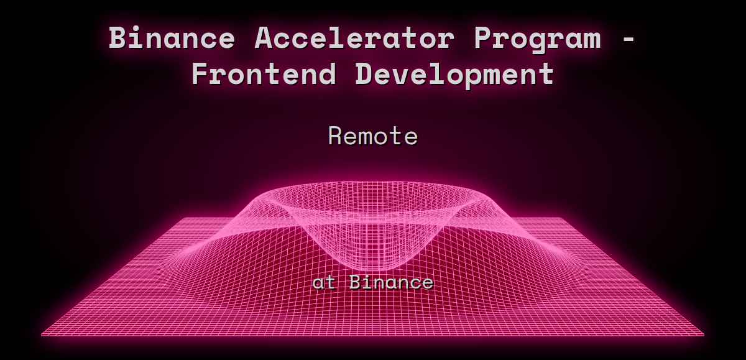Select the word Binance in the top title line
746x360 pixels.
tap(172, 39)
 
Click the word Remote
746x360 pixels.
tap(373, 136)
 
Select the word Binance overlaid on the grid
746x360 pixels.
tap(391, 282)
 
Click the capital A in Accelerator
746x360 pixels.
tap(264, 39)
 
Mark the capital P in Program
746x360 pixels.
tap(483, 39)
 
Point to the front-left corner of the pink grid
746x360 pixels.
tap(42, 335)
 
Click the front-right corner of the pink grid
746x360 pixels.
tap(703, 335)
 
